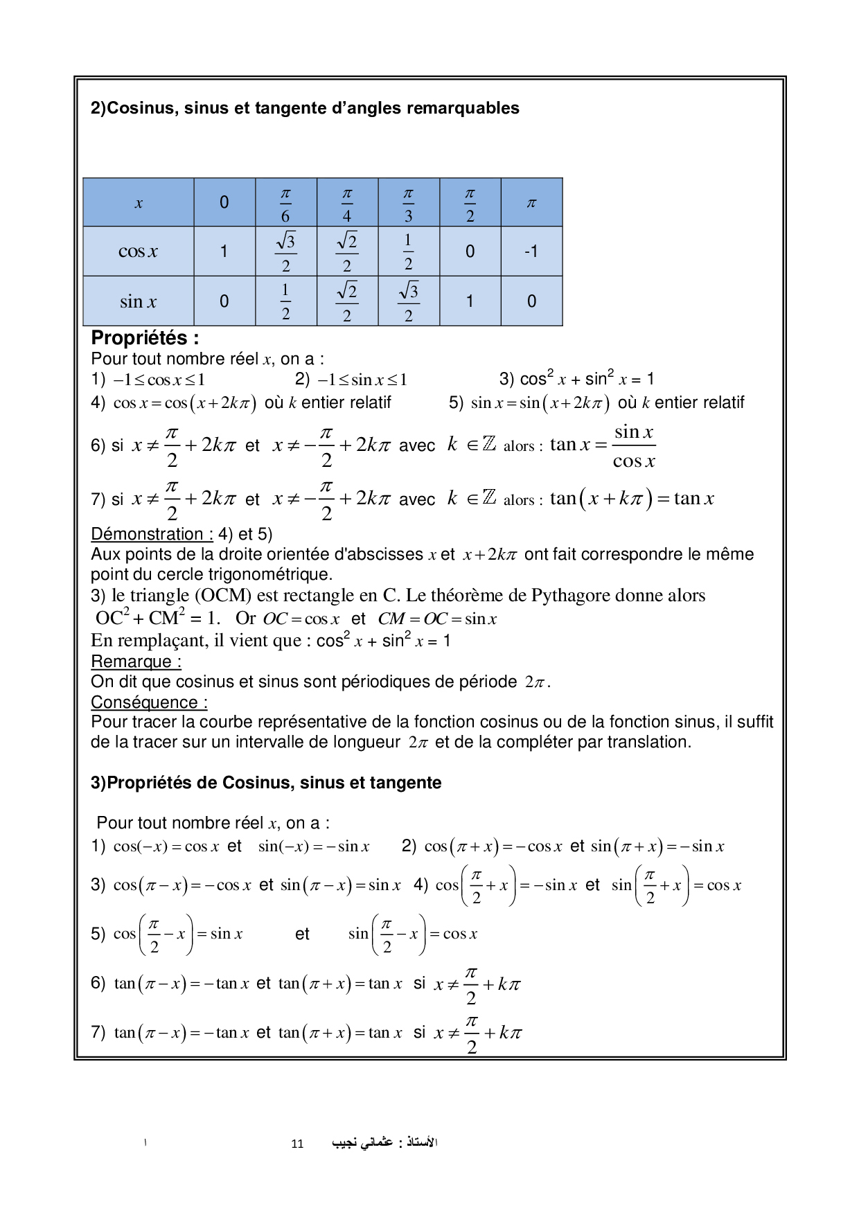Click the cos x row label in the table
point(138,251)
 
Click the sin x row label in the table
point(138,301)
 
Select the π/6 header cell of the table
point(285,203)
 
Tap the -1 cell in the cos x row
point(531,251)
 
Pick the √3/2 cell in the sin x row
point(409,301)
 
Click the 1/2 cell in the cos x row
point(408,251)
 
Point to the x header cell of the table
point(139,203)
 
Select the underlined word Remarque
point(132,662)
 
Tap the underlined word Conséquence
point(144,702)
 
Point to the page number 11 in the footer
point(297,1144)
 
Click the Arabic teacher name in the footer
point(384,1142)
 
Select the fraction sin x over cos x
point(633,446)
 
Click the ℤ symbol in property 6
point(489,444)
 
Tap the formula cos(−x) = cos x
point(166,846)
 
